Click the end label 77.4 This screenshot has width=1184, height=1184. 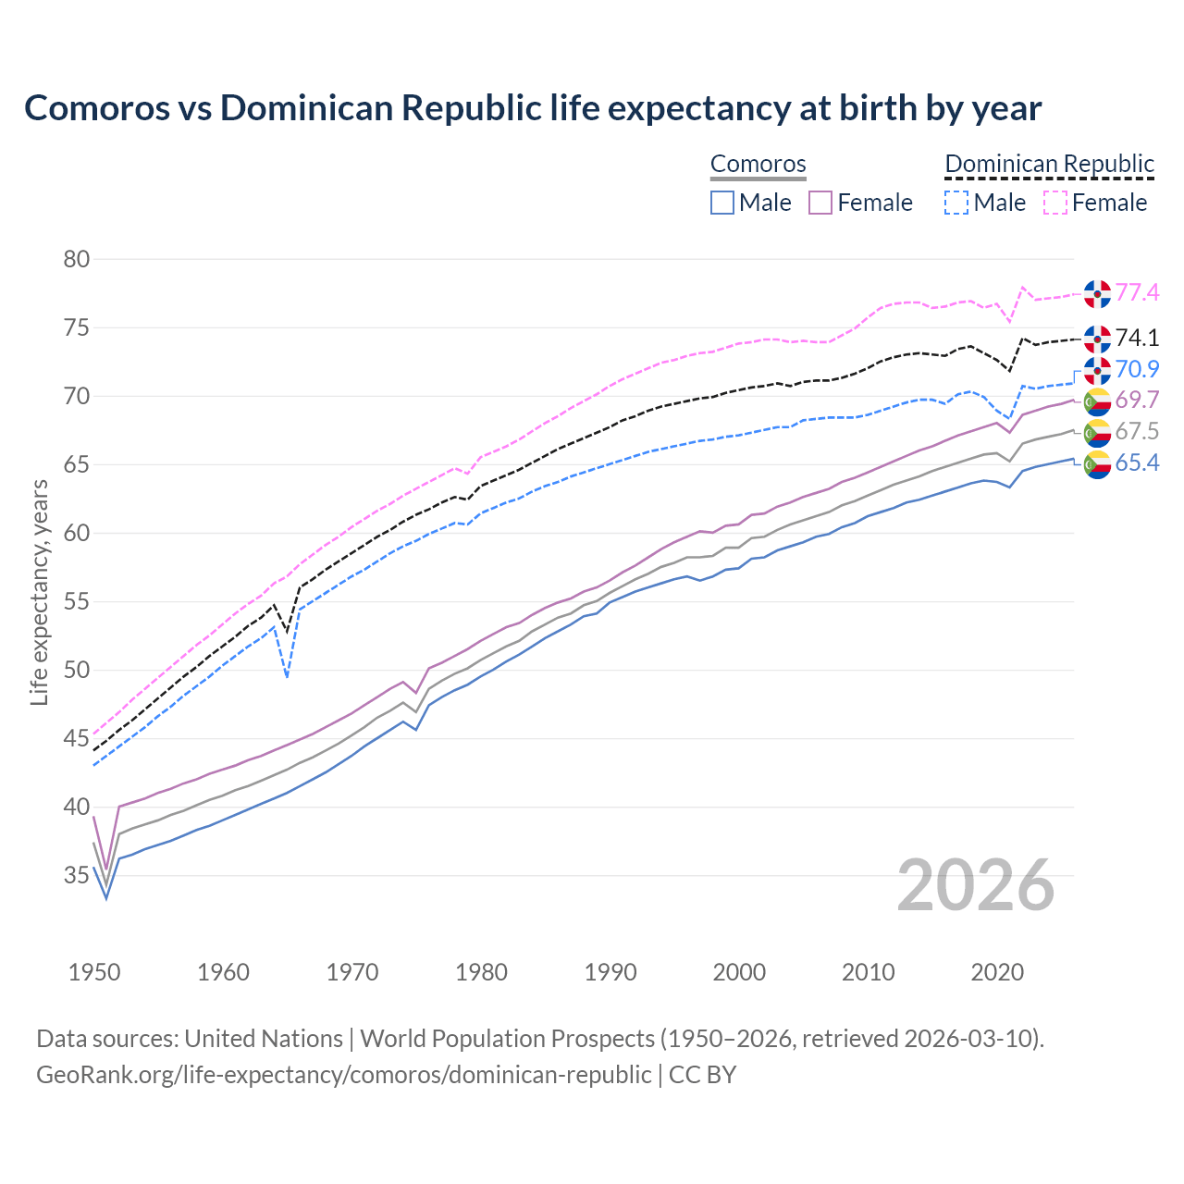tap(1137, 293)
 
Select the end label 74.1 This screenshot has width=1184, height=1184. tap(1137, 338)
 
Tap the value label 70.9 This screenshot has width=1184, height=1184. tap(1137, 370)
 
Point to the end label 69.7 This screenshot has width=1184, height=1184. tap(1137, 401)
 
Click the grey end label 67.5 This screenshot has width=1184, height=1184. tap(1137, 432)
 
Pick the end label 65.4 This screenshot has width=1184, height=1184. tap(1137, 463)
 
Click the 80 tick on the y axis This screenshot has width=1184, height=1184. tap(77, 259)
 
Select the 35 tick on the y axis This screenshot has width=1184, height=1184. tap(77, 875)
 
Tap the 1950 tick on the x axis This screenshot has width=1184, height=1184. tap(94, 972)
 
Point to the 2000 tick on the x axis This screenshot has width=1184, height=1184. tap(739, 972)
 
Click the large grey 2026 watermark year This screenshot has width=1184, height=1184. tap(976, 885)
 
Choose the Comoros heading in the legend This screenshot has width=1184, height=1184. tap(758, 164)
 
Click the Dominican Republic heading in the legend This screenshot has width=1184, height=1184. tap(1049, 164)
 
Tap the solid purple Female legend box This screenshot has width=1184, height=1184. tap(820, 203)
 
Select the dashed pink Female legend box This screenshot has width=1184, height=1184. tap(1054, 203)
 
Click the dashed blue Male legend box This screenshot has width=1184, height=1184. tap(956, 203)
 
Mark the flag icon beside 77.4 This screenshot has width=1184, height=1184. tap(1097, 293)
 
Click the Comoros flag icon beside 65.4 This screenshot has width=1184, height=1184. tap(1097, 463)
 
